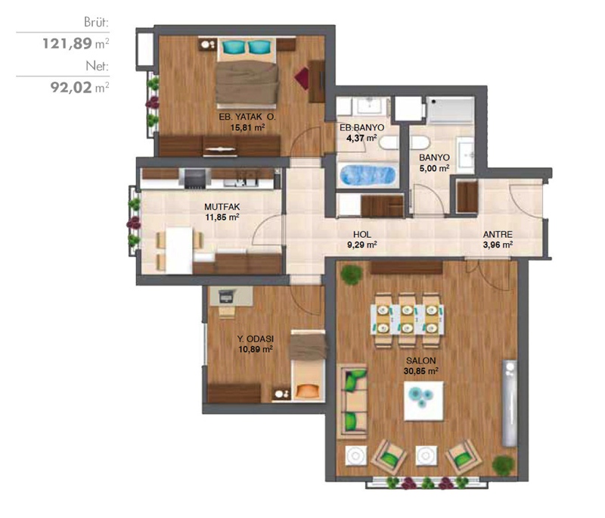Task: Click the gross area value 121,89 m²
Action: (76, 43)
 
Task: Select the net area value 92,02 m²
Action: (79, 87)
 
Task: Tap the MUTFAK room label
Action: (222, 207)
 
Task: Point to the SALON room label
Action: (421, 360)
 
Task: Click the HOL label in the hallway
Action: (362, 234)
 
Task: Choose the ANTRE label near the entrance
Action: (498, 234)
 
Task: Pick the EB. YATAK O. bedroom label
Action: (247, 117)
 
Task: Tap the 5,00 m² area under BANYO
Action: (434, 168)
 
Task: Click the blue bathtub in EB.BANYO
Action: (368, 175)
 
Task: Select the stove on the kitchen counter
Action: (194, 179)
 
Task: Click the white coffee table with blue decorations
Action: (423, 401)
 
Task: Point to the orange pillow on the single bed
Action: (307, 391)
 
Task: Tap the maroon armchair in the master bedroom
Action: (302, 79)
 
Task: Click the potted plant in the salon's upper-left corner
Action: (352, 275)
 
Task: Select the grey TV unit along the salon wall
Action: (509, 404)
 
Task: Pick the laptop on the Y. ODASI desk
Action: (226, 296)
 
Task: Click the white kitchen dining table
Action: (179, 251)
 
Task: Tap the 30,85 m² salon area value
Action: (421, 371)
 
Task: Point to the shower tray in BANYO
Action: (450, 111)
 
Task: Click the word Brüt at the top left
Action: (97, 22)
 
